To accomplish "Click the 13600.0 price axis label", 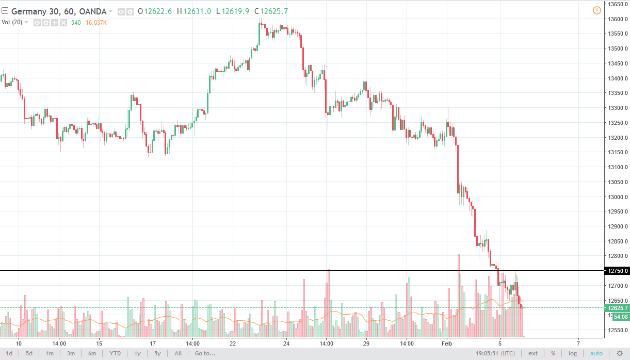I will [x=617, y=19].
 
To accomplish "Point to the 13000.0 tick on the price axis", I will [x=617, y=197].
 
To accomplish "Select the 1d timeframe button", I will [x=9, y=353].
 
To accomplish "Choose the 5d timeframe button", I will [x=29, y=353].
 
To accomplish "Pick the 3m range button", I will [x=71, y=353].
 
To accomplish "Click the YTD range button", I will [x=115, y=353].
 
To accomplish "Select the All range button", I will [x=178, y=353].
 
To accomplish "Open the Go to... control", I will [x=205, y=353].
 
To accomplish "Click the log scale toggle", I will [x=573, y=353].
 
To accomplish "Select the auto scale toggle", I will [x=596, y=353].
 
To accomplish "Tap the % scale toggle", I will [x=553, y=353].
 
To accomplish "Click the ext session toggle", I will [x=533, y=353].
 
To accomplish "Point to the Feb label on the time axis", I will [x=446, y=343].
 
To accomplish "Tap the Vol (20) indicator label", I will [x=13, y=22].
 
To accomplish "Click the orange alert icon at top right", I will [x=597, y=10].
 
